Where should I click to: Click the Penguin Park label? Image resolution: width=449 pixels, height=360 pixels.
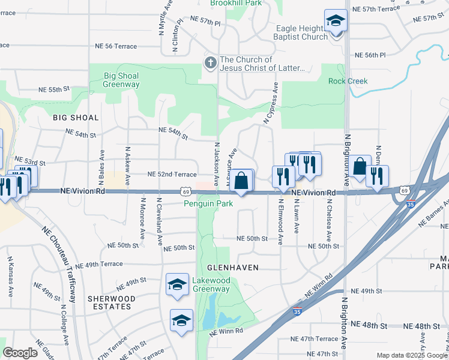(208, 203)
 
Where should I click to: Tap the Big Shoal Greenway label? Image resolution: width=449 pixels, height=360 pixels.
(121, 80)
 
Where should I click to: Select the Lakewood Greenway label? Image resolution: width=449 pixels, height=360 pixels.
(211, 284)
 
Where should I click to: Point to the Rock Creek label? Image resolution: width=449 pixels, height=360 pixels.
(348, 81)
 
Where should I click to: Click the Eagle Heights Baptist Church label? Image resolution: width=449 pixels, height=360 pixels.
(302, 32)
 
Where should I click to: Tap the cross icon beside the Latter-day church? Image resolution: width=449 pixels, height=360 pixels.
(210, 62)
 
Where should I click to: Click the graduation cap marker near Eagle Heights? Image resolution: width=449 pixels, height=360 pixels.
(336, 22)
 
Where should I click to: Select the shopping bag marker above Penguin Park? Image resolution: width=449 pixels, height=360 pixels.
(241, 181)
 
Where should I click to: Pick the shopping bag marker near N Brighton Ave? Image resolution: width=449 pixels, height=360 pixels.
(360, 168)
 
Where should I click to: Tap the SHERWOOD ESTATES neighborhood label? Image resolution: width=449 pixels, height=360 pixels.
(109, 302)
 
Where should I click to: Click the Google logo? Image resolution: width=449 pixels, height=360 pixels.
(20, 352)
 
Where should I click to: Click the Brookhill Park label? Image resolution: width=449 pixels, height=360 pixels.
(236, 3)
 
